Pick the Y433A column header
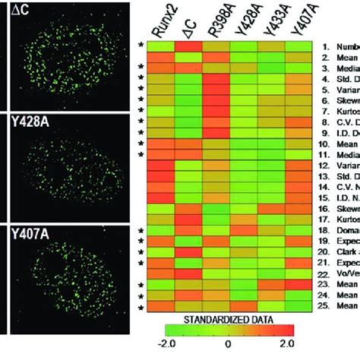(271, 20)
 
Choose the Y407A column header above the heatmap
(298, 20)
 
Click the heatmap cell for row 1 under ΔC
(188, 46)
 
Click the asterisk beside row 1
(140, 47)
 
